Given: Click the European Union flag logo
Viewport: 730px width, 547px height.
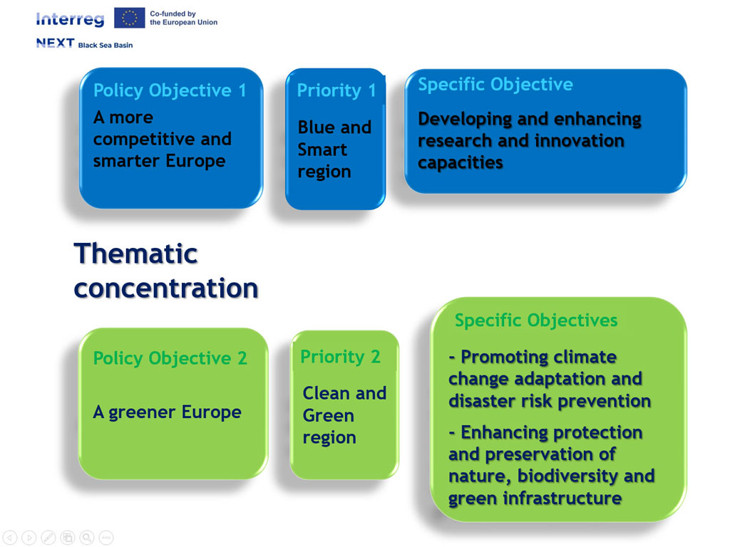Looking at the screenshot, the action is tap(130, 18).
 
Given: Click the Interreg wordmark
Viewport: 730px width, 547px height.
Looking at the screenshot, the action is tap(71, 19).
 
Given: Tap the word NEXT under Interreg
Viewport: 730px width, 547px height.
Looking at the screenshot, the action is tap(56, 43).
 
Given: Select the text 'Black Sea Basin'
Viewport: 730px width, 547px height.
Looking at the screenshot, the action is tap(106, 45).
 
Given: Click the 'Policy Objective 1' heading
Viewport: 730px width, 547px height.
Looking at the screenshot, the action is tap(170, 90).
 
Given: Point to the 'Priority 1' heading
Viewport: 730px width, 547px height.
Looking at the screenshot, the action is tap(336, 90).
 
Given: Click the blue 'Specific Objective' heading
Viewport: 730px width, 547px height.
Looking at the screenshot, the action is tap(495, 84).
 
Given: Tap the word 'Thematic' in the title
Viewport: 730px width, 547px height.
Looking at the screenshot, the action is tap(136, 254).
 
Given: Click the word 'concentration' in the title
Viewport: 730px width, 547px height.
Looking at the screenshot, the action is tap(166, 288).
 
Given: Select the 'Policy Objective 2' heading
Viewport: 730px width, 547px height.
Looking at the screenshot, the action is tap(170, 358).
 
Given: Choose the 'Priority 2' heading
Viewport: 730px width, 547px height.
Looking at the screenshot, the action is tap(340, 357).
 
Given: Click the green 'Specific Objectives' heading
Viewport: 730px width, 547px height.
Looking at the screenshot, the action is tap(536, 321).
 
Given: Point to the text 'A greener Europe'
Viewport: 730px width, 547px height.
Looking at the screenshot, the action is tap(167, 412).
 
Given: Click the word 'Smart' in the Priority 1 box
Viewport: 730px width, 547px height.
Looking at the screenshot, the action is tap(322, 150).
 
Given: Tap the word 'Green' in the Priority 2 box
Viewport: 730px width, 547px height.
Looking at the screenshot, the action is tap(328, 415).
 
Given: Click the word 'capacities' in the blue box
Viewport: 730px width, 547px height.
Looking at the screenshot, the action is tap(461, 163).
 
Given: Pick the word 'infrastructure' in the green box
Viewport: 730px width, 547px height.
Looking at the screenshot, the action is tap(562, 498).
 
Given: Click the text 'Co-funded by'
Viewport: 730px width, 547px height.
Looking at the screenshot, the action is tap(173, 14).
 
